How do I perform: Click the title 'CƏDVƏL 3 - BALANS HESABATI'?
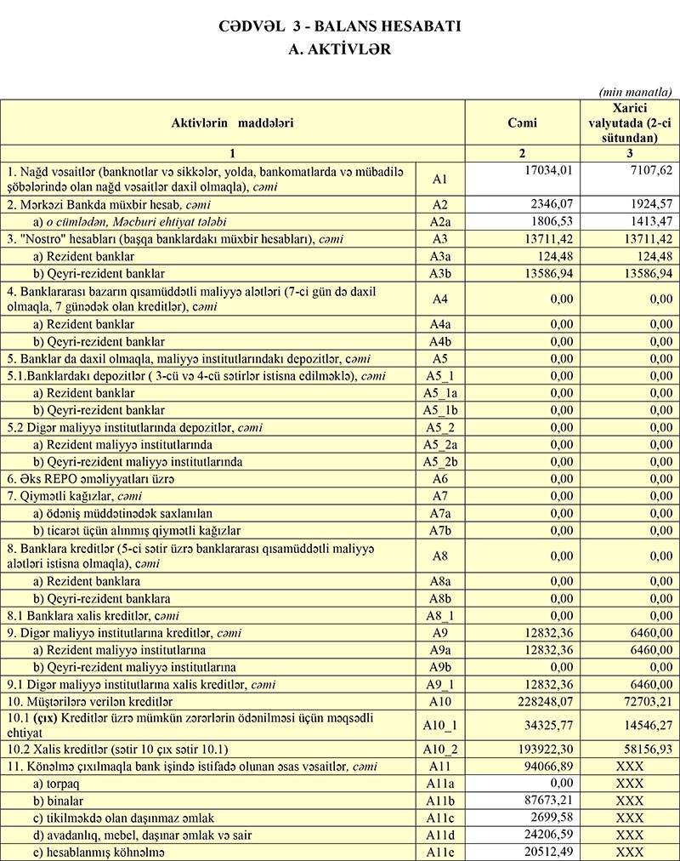coord(340,26)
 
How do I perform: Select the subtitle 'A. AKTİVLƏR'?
coord(340,49)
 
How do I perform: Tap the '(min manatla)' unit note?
coord(636,91)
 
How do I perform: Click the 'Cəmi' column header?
coord(522,123)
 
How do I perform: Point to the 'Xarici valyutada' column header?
coord(629,123)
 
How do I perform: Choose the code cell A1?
coord(439,180)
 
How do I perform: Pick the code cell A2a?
coord(439,222)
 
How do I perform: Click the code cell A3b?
coord(439,273)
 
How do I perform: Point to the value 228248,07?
coord(547,701)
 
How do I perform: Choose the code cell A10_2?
coord(439,750)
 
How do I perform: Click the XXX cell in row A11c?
coord(629,818)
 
